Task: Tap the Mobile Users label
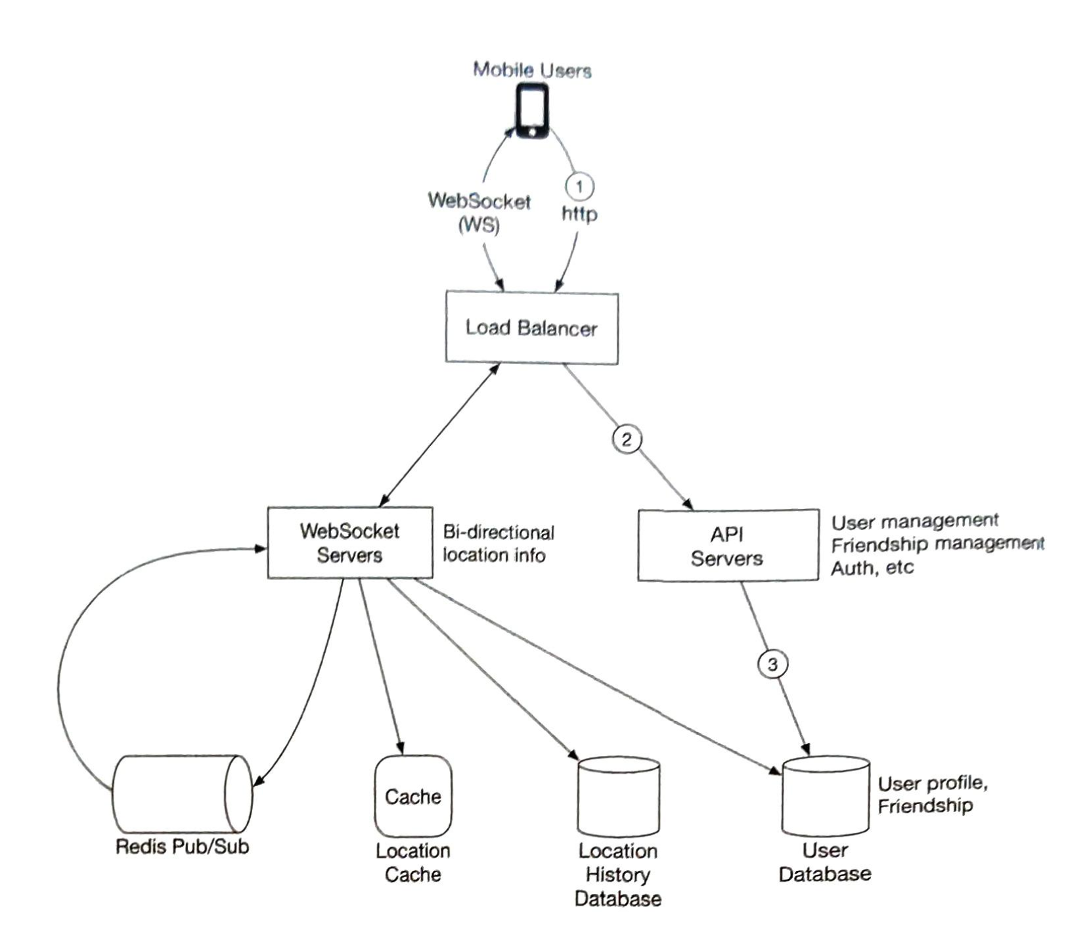pos(532,70)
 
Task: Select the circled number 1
pos(579,187)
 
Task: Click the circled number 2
pos(626,439)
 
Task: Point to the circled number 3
pos(772,664)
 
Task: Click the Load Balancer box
pos(531,328)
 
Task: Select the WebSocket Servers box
pos(349,542)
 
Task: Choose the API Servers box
pos(727,546)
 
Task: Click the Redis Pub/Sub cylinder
pos(181,794)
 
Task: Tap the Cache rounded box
pos(412,796)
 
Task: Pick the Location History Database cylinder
pos(618,797)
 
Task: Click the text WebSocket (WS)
pos(479,212)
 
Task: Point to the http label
pos(579,213)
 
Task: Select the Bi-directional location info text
pos(497,543)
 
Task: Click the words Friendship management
pos(937,544)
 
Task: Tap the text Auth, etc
pos(872,567)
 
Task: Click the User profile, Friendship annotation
pos(931,794)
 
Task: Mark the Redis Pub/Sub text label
pos(182,846)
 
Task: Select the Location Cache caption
pos(412,862)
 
